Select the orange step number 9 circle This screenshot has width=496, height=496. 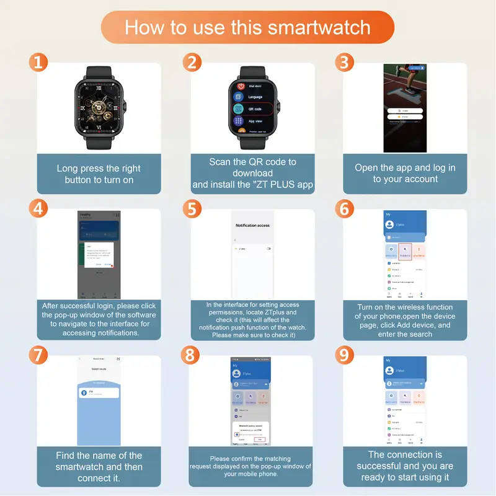[x=345, y=355]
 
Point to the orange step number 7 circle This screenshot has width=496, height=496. [x=38, y=355]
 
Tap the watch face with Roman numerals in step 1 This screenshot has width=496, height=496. [x=99, y=105]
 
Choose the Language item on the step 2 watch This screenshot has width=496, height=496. [x=255, y=97]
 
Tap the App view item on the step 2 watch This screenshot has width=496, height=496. [x=255, y=122]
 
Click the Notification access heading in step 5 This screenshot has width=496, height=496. [x=252, y=226]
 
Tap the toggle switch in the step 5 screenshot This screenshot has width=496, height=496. [x=268, y=249]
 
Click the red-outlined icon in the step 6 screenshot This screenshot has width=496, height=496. [x=405, y=252]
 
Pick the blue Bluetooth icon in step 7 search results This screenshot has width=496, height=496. [x=84, y=393]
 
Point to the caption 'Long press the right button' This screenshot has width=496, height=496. [x=99, y=174]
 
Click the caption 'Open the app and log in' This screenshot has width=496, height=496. [x=405, y=173]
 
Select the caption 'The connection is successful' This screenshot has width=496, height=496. [x=405, y=466]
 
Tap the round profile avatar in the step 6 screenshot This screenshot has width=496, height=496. [x=391, y=224]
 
